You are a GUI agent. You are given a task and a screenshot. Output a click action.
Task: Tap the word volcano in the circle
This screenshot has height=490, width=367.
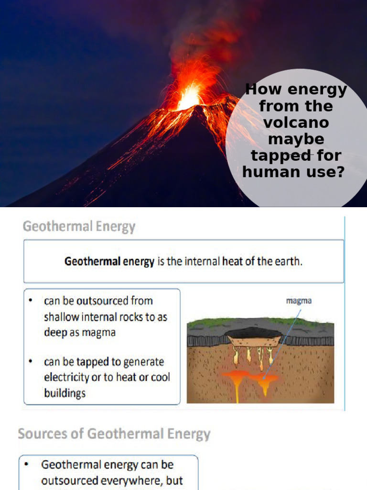[296, 122]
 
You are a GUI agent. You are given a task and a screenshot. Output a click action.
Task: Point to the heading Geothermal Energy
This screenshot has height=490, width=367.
[79, 226]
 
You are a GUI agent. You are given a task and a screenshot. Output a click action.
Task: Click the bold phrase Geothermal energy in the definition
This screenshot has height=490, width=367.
[109, 262]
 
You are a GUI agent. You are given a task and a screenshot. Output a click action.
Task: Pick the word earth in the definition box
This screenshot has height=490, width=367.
[288, 262]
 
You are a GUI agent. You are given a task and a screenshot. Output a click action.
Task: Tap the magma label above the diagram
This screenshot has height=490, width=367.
[299, 301]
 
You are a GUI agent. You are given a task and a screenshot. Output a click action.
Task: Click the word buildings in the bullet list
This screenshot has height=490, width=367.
[65, 393]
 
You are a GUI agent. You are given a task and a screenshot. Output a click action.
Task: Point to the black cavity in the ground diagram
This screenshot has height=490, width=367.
[253, 333]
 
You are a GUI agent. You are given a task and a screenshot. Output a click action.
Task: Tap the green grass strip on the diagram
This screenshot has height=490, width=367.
[210, 323]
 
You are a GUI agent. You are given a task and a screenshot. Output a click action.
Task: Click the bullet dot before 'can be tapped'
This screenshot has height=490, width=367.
[31, 362]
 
